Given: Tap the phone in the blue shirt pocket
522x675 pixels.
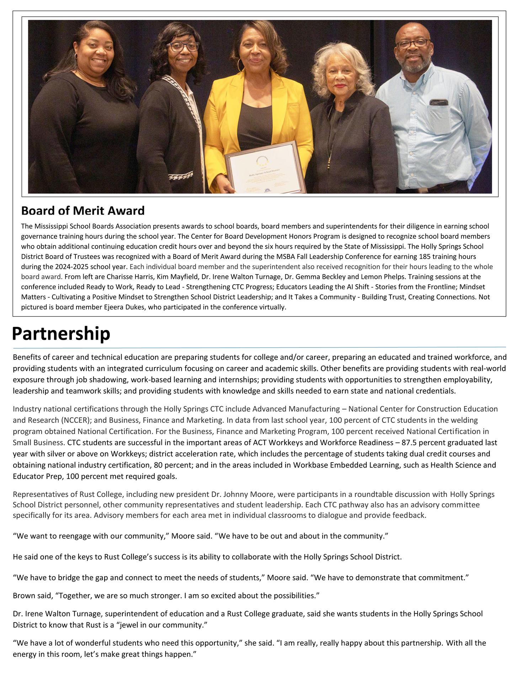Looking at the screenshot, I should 439,102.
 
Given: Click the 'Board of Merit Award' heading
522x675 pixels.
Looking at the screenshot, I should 83,211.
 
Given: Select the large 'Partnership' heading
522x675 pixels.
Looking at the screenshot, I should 61,334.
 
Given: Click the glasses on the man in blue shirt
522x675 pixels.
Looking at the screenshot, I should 413,44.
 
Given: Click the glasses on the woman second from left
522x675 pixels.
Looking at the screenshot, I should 182,47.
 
